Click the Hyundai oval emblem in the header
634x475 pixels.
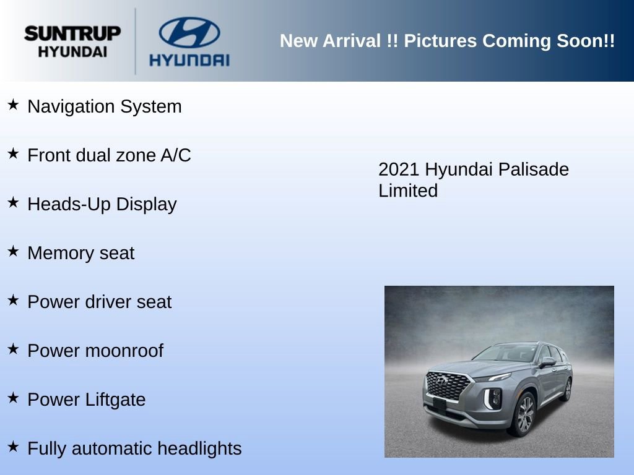pyautogui.click(x=189, y=32)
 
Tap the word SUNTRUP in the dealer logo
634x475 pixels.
pyautogui.click(x=72, y=33)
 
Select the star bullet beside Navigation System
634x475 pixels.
pyautogui.click(x=13, y=105)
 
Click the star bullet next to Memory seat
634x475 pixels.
pyautogui.click(x=13, y=251)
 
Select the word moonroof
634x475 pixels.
pyautogui.click(x=124, y=351)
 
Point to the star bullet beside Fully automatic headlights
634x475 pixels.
pyautogui.click(x=13, y=447)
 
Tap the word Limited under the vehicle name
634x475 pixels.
pyautogui.click(x=407, y=190)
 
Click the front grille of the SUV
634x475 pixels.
pyautogui.click(x=448, y=386)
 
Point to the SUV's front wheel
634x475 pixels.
pyautogui.click(x=524, y=414)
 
